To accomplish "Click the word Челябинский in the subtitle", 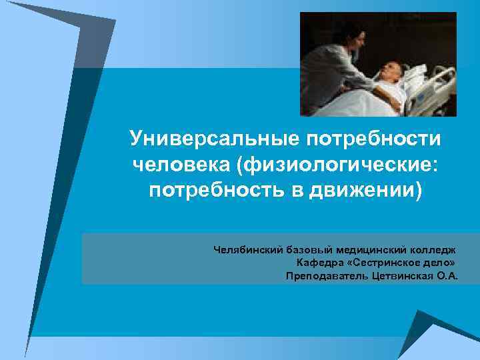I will pos(247,250).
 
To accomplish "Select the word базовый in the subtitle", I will pos(309,250).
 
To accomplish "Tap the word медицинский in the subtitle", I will pos(369,250).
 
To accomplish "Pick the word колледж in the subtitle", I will pos(433,250).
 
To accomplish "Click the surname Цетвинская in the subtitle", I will pos(398,275).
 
